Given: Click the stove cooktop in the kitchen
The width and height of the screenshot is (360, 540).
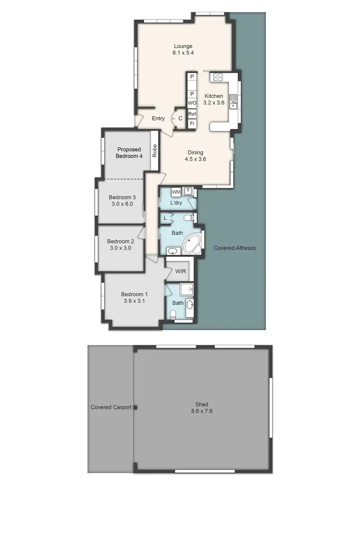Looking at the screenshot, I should [x=217, y=77].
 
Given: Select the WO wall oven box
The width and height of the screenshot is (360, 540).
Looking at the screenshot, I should [x=192, y=103].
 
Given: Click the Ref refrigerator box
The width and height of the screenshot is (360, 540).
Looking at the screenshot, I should [x=192, y=114].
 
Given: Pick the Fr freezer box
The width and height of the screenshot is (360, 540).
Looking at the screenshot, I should [x=192, y=124].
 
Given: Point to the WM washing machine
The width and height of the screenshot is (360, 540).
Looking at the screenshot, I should [x=176, y=192].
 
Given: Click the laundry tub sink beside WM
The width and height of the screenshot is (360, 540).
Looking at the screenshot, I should [x=188, y=192].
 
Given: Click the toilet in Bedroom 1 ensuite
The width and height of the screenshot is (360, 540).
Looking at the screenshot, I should [x=173, y=314].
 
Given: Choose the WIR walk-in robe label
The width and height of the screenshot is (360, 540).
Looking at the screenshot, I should [x=180, y=271].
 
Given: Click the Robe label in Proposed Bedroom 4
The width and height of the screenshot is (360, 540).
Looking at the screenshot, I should [x=155, y=151].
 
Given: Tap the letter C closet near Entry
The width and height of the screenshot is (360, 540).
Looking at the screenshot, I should [x=180, y=119].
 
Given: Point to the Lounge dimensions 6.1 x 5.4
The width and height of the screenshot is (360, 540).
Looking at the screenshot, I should [x=183, y=53].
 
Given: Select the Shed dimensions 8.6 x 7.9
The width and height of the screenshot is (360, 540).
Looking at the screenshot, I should [x=202, y=411].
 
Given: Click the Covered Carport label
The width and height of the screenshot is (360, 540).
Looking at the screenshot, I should [x=111, y=408].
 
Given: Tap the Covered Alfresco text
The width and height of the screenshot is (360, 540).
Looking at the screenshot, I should [x=234, y=248].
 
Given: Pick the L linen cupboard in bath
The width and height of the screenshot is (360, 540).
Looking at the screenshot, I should [x=165, y=218].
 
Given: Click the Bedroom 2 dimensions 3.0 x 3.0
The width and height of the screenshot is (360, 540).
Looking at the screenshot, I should [x=120, y=248].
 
